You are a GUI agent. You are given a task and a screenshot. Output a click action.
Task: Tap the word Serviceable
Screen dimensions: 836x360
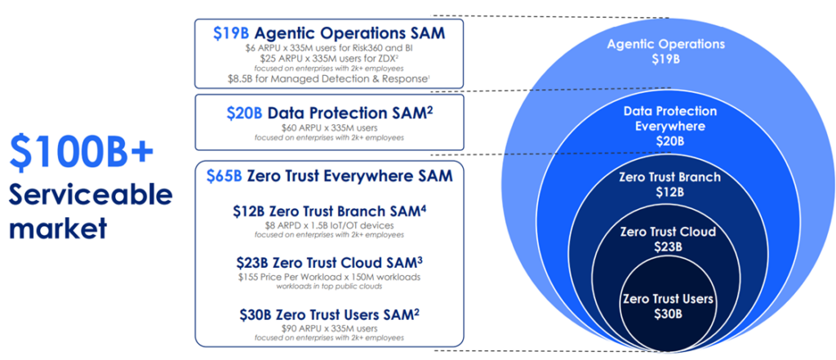click(x=91, y=197)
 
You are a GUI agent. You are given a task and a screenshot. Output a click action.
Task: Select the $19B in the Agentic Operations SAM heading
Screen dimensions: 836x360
click(x=231, y=33)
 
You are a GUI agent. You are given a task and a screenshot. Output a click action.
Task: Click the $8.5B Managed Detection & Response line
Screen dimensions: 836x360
click(x=329, y=79)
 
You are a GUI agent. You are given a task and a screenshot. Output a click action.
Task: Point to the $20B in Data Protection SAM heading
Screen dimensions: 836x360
click(x=244, y=113)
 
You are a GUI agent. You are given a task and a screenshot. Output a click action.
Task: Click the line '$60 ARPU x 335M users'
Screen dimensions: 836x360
click(x=329, y=128)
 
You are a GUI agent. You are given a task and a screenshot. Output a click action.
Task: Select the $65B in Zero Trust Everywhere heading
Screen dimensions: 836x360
click(x=224, y=176)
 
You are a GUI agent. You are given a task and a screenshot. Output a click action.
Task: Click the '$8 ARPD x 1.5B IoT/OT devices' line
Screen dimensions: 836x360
click(x=329, y=225)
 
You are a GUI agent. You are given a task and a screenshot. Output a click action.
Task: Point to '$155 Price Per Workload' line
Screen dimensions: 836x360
click(x=329, y=278)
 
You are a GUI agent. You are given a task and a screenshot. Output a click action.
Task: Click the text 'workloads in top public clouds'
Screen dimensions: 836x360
click(x=329, y=287)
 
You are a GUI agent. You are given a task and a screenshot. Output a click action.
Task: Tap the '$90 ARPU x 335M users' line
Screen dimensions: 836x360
click(x=329, y=328)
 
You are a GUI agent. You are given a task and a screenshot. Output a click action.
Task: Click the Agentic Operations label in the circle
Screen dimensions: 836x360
click(x=665, y=44)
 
